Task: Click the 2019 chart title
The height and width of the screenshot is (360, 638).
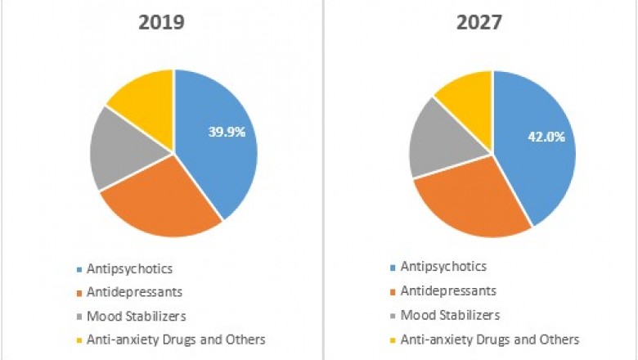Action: pyautogui.click(x=160, y=22)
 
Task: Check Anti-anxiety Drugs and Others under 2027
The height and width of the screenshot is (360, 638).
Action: pyautogui.click(x=491, y=338)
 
